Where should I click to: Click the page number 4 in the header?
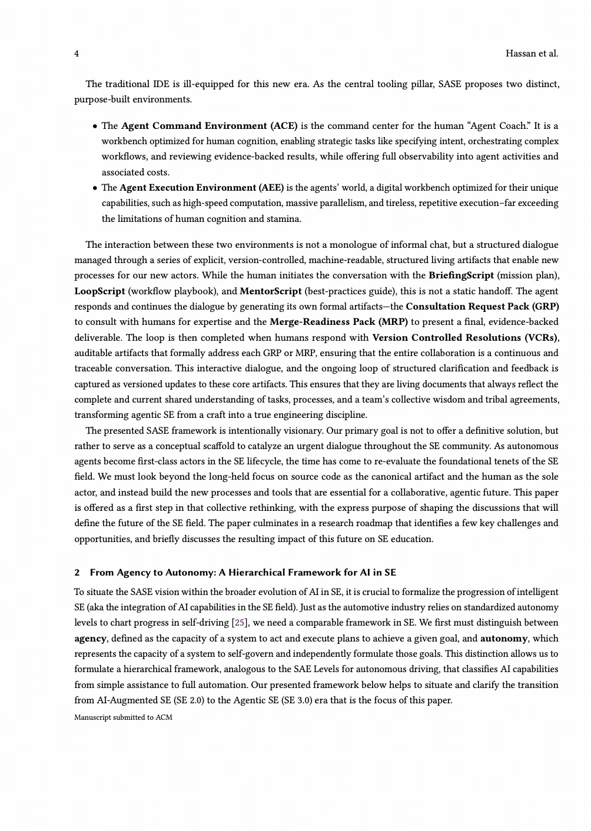click(77, 54)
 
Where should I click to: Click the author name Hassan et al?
click(532, 54)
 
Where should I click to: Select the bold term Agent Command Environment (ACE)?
click(209, 126)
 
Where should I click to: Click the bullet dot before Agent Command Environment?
click(95, 126)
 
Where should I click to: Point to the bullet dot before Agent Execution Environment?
click(95, 188)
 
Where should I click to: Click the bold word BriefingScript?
click(461, 275)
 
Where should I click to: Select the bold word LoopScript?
click(99, 291)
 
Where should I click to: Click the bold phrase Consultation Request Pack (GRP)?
click(482, 307)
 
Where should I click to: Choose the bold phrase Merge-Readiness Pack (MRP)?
click(338, 322)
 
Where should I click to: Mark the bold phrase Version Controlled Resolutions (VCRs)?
click(465, 338)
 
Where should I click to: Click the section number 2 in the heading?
click(77, 573)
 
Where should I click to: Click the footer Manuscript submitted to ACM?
click(123, 717)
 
